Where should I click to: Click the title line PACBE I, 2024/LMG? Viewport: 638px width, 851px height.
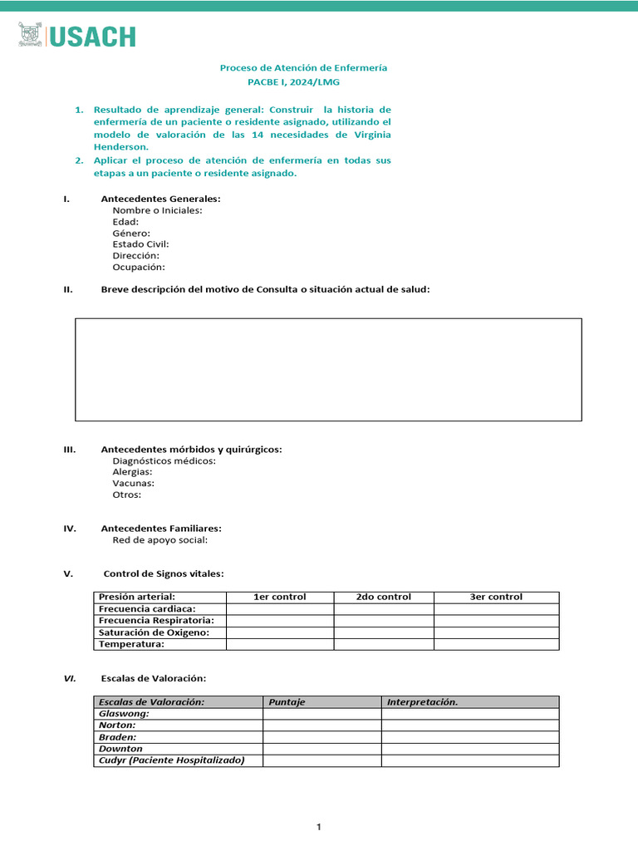[293, 82]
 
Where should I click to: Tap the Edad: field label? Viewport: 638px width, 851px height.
[125, 222]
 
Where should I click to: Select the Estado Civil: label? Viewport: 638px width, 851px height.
[140, 244]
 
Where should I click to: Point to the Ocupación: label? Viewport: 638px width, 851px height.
[139, 268]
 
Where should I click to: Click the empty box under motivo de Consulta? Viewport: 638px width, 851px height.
[328, 369]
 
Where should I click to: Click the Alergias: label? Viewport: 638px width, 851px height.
[132, 472]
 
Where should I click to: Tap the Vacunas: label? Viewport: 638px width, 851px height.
[133, 483]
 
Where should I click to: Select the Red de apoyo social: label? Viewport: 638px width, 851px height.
[159, 539]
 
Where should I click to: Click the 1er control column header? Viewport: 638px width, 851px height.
[279, 597]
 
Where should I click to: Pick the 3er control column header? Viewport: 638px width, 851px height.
[496, 597]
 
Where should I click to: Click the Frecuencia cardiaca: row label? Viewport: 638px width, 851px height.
[147, 608]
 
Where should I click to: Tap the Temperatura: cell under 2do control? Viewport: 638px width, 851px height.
[383, 644]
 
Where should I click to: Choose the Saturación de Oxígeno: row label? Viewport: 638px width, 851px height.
[153, 632]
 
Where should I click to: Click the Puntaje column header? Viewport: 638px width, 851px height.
[285, 702]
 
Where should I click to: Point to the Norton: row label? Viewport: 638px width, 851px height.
[117, 725]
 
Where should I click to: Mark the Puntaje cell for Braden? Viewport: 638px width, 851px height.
[321, 737]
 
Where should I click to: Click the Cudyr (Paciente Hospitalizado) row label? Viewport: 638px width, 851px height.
[171, 760]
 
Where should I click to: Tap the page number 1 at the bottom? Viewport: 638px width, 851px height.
[319, 827]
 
